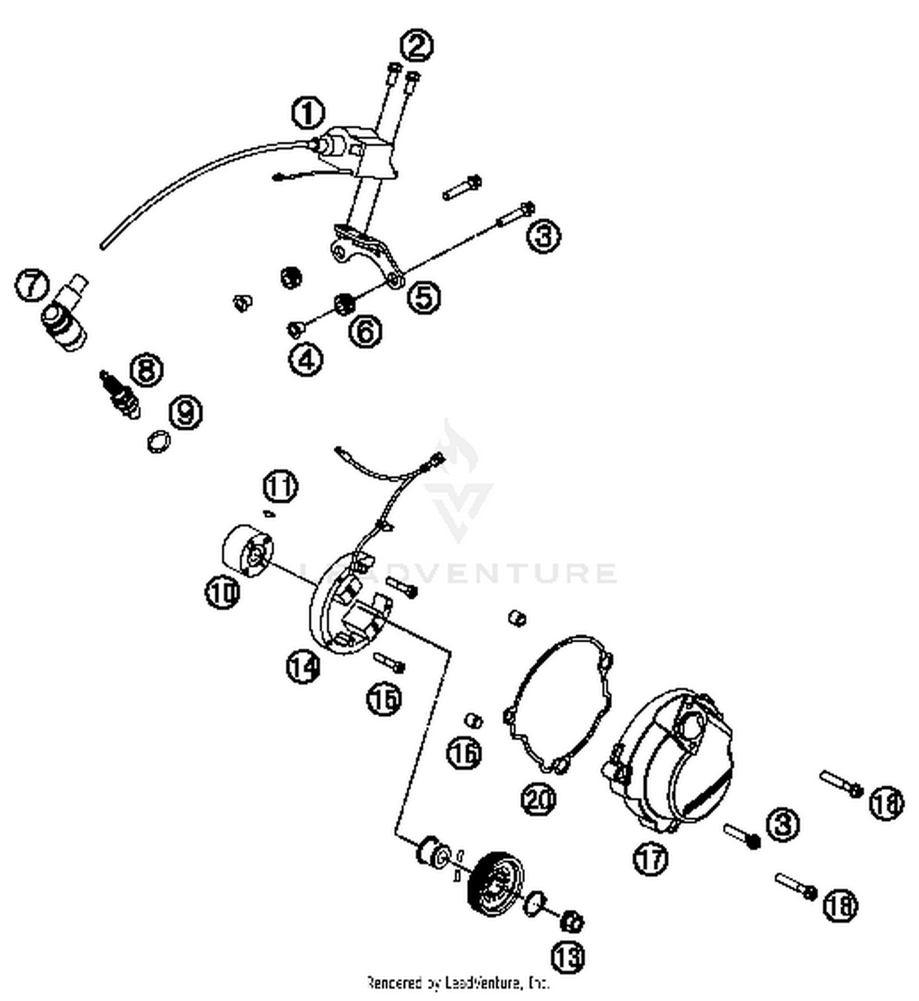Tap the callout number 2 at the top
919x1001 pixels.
pyautogui.click(x=417, y=45)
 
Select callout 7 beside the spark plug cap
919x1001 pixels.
pyautogui.click(x=32, y=285)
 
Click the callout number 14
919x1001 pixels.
pyautogui.click(x=303, y=666)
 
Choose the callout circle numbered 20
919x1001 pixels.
pyautogui.click(x=539, y=799)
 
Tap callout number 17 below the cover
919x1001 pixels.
pyautogui.click(x=650, y=858)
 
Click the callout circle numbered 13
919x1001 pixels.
pyautogui.click(x=568, y=956)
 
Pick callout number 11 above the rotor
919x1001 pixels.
pyautogui.click(x=280, y=487)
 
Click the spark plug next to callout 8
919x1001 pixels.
pyautogui.click(x=120, y=394)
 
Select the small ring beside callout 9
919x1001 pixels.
pyautogui.click(x=159, y=441)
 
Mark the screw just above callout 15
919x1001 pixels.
pyautogui.click(x=388, y=661)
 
